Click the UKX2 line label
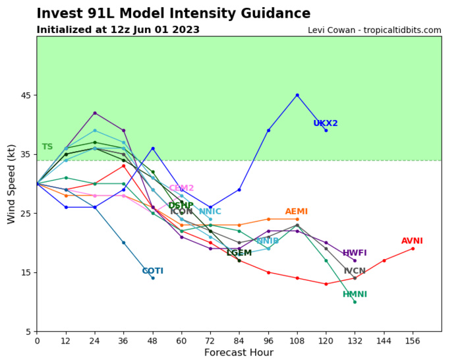click(x=326, y=123)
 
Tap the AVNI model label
click(x=412, y=241)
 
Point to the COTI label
click(x=152, y=271)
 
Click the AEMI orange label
click(x=296, y=212)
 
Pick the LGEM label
click(x=239, y=253)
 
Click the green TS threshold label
click(x=47, y=147)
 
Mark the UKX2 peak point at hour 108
click(x=297, y=95)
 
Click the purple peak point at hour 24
click(x=95, y=113)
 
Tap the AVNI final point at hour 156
click(x=413, y=249)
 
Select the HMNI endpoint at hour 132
click(x=355, y=302)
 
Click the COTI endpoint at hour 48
click(x=153, y=278)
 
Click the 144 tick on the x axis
click(x=384, y=340)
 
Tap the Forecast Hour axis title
click(x=239, y=353)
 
